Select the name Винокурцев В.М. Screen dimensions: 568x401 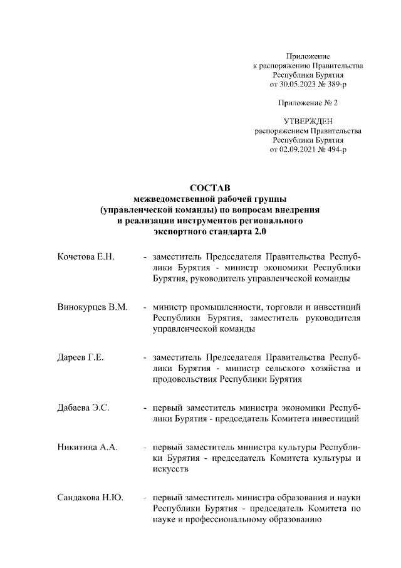(91, 307)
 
